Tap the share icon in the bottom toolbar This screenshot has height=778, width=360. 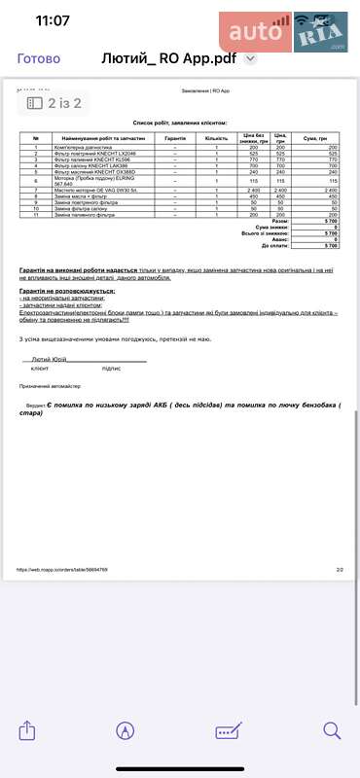click(27, 730)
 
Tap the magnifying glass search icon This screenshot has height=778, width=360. click(332, 730)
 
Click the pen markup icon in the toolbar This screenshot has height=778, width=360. click(125, 730)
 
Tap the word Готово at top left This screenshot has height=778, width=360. click(39, 58)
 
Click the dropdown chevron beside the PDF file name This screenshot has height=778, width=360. click(250, 58)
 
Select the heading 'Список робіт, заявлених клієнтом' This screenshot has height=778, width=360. click(180, 124)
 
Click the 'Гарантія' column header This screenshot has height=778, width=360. click(176, 139)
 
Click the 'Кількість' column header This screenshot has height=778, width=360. click(216, 139)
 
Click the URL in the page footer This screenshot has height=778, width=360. click(62, 570)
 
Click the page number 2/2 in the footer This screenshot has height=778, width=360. click(340, 570)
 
